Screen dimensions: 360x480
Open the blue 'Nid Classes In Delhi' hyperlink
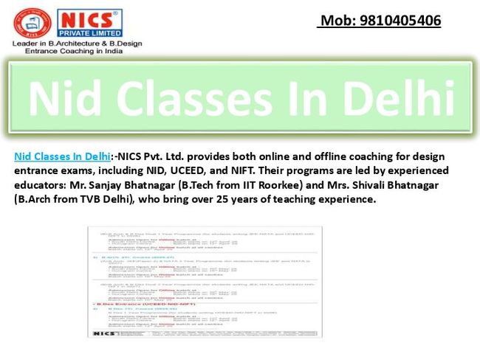click(61, 156)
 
